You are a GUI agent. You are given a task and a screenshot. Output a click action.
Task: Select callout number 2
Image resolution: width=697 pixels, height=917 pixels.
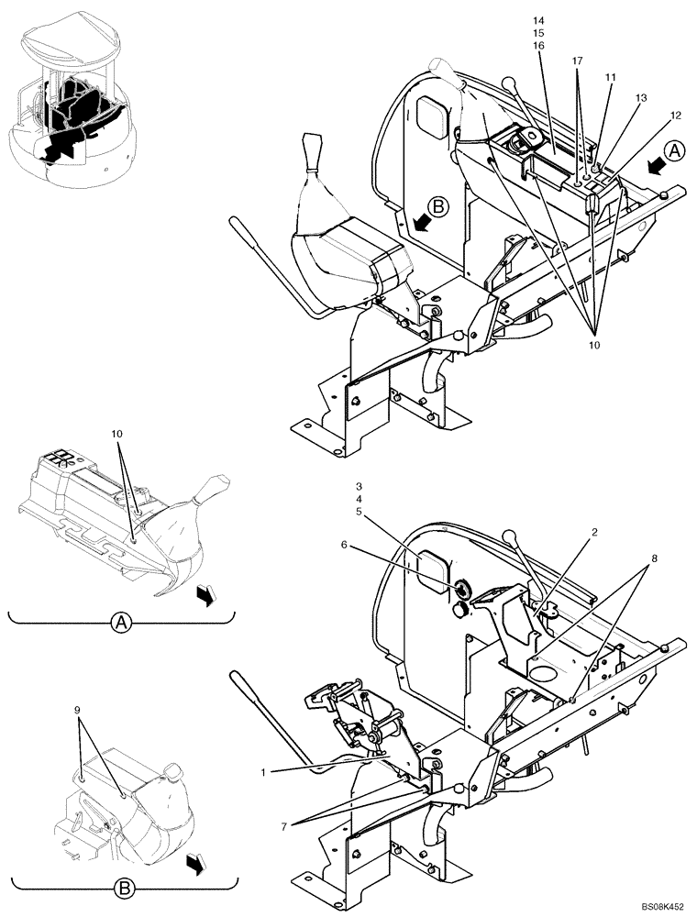coord(569,532)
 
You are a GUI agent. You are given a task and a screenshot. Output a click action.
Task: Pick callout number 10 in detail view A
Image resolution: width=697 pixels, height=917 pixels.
coord(116,432)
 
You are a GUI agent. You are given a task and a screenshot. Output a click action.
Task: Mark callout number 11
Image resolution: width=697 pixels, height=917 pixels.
coord(610,79)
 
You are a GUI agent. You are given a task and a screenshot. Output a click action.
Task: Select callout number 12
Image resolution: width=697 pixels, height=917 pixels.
coord(676,115)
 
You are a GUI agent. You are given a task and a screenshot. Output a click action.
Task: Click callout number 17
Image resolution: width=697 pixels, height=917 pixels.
coord(578,60)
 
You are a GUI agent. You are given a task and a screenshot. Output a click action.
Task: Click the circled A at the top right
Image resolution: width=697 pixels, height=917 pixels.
coord(673,149)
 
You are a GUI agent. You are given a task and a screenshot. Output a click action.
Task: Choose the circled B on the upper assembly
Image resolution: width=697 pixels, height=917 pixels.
coord(438,207)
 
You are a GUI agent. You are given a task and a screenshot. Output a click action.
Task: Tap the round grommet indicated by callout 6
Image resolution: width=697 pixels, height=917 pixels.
coord(462,588)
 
